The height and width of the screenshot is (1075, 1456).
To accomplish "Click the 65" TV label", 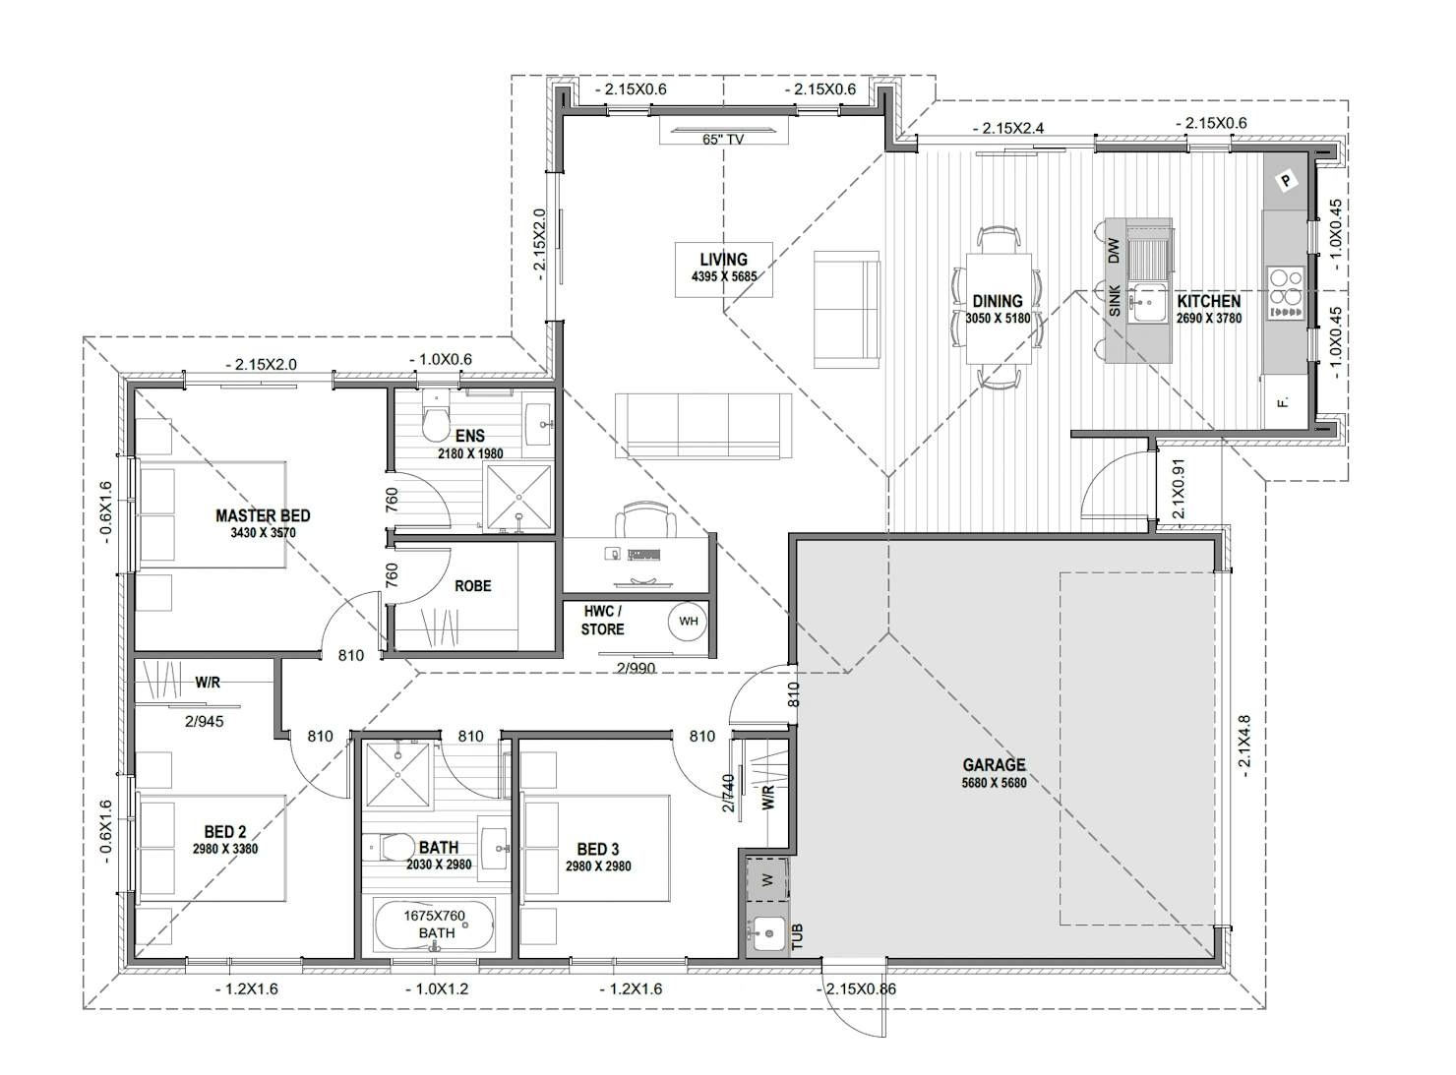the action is pyautogui.click(x=722, y=139).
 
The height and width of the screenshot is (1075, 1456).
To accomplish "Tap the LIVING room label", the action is pyautogui.click(x=723, y=260).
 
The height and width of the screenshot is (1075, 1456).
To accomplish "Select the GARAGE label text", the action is pyautogui.click(x=994, y=764).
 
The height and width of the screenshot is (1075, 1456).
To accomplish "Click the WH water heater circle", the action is pyautogui.click(x=688, y=621).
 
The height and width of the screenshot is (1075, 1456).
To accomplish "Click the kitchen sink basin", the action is pyautogui.click(x=1147, y=303).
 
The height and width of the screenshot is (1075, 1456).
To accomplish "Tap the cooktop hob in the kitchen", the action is pyautogui.click(x=1286, y=294).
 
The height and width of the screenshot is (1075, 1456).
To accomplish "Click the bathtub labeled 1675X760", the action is pyautogui.click(x=434, y=925).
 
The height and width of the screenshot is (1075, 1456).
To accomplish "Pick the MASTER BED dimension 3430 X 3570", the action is pyautogui.click(x=263, y=533).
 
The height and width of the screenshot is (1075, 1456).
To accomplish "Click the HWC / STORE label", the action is pyautogui.click(x=602, y=621).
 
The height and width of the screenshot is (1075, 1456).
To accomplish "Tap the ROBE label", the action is pyautogui.click(x=472, y=585).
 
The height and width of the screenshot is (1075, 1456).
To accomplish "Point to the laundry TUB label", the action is pyautogui.click(x=797, y=936).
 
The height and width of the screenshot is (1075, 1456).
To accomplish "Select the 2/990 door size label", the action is pyautogui.click(x=636, y=668).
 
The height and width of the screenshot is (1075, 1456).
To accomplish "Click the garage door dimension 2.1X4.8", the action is pyautogui.click(x=1245, y=747).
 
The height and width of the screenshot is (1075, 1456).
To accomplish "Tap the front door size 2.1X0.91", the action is pyautogui.click(x=1179, y=489).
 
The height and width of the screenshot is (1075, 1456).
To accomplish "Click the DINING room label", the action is pyautogui.click(x=998, y=301).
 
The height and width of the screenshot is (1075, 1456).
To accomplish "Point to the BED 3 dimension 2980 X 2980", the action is pyautogui.click(x=598, y=866).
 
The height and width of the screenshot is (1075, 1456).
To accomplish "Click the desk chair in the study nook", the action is pyautogui.click(x=645, y=519).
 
